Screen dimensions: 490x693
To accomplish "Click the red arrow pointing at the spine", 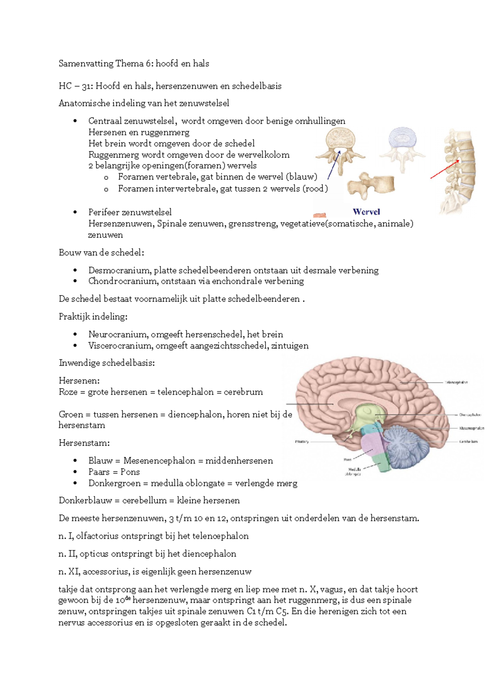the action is click(445, 169).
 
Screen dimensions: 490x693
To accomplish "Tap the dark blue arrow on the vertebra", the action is click(334, 165).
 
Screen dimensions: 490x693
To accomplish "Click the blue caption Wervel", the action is click(366, 212).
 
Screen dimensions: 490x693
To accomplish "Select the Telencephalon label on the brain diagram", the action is click(456, 382).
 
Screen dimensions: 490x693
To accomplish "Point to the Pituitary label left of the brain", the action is click(302, 442).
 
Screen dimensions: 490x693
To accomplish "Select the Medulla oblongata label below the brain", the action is click(354, 471).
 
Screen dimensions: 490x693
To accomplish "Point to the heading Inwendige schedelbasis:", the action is click(107, 363).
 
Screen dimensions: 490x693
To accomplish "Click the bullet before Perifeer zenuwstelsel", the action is click(75, 212).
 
